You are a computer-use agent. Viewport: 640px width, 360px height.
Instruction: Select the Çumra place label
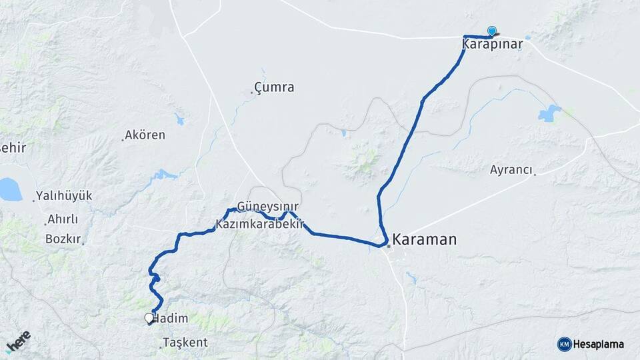click(275, 87)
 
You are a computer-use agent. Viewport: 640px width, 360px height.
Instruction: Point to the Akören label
click(145, 135)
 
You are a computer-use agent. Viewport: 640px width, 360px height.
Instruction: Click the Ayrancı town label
click(511, 170)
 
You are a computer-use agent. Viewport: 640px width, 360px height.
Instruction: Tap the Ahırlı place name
click(63, 219)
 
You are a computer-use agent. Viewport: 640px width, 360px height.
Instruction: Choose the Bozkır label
click(63, 239)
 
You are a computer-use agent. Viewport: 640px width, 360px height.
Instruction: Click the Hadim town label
click(171, 319)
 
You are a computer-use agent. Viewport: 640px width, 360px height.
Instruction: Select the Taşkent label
click(186, 343)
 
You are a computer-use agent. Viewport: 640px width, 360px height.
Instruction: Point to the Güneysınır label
click(268, 207)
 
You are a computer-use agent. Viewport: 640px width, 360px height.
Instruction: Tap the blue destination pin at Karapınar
click(492, 31)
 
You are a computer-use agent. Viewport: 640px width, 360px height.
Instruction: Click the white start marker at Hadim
click(149, 319)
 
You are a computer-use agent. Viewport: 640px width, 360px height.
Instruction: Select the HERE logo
click(17, 342)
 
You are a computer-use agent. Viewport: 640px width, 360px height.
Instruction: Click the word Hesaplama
click(599, 345)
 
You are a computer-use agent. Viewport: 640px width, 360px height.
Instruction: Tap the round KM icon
click(565, 344)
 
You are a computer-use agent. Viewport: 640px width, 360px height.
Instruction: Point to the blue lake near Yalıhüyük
click(9, 189)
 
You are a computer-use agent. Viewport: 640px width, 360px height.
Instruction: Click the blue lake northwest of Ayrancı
click(549, 114)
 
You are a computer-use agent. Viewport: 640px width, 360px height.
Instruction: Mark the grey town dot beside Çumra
click(252, 93)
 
